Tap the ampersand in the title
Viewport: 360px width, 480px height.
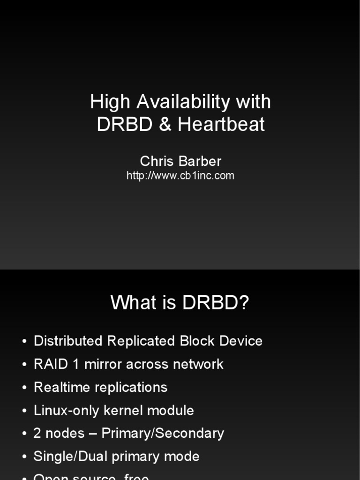[165, 125]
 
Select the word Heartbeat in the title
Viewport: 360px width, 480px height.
[221, 125]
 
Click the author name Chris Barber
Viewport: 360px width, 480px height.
[180, 161]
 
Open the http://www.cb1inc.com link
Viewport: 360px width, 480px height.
[180, 176]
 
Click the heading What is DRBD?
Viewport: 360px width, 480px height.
[180, 303]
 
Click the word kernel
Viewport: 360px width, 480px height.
[124, 411]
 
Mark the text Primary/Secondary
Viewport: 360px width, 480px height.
[163, 434]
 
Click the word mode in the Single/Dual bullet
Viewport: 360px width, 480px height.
[184, 457]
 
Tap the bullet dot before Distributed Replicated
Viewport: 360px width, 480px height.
[24, 342]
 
